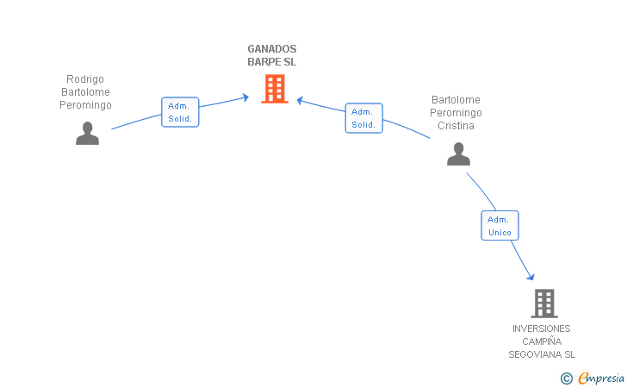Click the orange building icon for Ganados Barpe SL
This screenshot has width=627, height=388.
click(275, 89)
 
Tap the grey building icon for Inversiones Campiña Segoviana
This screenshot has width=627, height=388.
click(544, 303)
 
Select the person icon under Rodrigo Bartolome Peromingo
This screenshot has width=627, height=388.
click(87, 133)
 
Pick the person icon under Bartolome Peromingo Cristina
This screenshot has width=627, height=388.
click(458, 153)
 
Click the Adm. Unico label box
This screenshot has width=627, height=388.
click(500, 226)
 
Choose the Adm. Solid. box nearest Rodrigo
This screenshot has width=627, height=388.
click(180, 112)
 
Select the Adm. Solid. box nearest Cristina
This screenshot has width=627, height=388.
click(363, 118)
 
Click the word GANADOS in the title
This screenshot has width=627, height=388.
click(272, 49)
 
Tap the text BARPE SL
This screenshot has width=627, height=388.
click(272, 62)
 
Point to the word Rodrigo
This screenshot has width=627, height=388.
click(85, 78)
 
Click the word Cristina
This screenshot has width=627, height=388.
click(456, 126)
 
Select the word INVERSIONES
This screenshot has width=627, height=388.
click(541, 329)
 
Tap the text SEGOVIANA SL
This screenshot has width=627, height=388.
click(541, 354)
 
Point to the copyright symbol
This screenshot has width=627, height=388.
click(566, 378)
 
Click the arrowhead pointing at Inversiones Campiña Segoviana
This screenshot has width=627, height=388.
click(531, 277)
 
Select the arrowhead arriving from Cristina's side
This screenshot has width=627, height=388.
click(301, 100)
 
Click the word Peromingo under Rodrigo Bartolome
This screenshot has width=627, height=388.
click(85, 105)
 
